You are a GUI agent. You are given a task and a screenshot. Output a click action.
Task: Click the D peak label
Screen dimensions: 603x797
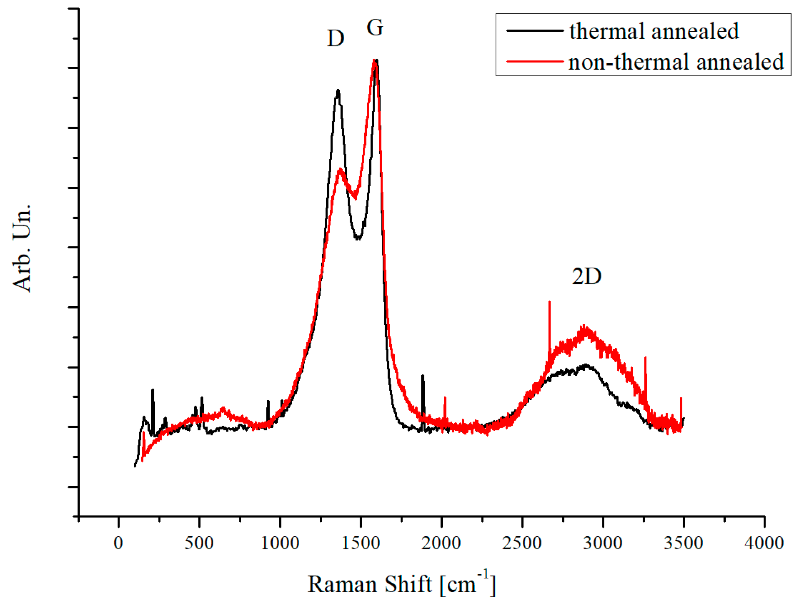point(335,38)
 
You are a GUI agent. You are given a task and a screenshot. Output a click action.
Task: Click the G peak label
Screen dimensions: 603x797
point(375,28)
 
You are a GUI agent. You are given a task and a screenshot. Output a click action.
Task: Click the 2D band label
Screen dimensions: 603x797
point(586,276)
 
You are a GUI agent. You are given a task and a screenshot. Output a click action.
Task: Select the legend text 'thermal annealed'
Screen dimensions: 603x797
point(654,31)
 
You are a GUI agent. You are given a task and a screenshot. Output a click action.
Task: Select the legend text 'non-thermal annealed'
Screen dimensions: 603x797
point(676,62)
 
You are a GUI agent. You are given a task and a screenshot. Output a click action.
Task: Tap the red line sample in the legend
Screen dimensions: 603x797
point(535,61)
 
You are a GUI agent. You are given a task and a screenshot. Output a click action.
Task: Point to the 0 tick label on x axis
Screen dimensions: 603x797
point(118,543)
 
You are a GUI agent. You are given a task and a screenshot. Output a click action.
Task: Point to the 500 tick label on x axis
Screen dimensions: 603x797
point(199,543)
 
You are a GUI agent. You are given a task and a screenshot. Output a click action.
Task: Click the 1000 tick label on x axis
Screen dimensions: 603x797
point(280,543)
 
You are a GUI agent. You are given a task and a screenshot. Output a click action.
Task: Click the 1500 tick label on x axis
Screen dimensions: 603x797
point(360,543)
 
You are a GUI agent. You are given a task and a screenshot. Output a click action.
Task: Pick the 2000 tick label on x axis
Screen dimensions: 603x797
point(441,543)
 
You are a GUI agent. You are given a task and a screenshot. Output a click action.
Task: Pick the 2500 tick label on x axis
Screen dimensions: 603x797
point(522,543)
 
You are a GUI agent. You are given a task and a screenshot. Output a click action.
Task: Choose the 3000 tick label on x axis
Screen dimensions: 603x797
point(603,543)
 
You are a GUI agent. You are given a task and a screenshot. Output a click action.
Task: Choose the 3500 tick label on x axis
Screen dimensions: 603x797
point(684,543)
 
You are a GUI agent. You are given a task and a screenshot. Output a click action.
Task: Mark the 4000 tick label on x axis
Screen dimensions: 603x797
point(764,543)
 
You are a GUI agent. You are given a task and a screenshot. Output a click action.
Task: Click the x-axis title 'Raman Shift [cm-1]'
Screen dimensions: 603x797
point(401,584)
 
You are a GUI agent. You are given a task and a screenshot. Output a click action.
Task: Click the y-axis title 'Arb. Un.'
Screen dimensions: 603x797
point(22,248)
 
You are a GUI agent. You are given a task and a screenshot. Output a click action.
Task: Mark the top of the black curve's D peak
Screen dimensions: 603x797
point(338,91)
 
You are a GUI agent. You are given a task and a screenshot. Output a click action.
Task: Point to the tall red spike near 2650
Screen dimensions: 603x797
point(550,303)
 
